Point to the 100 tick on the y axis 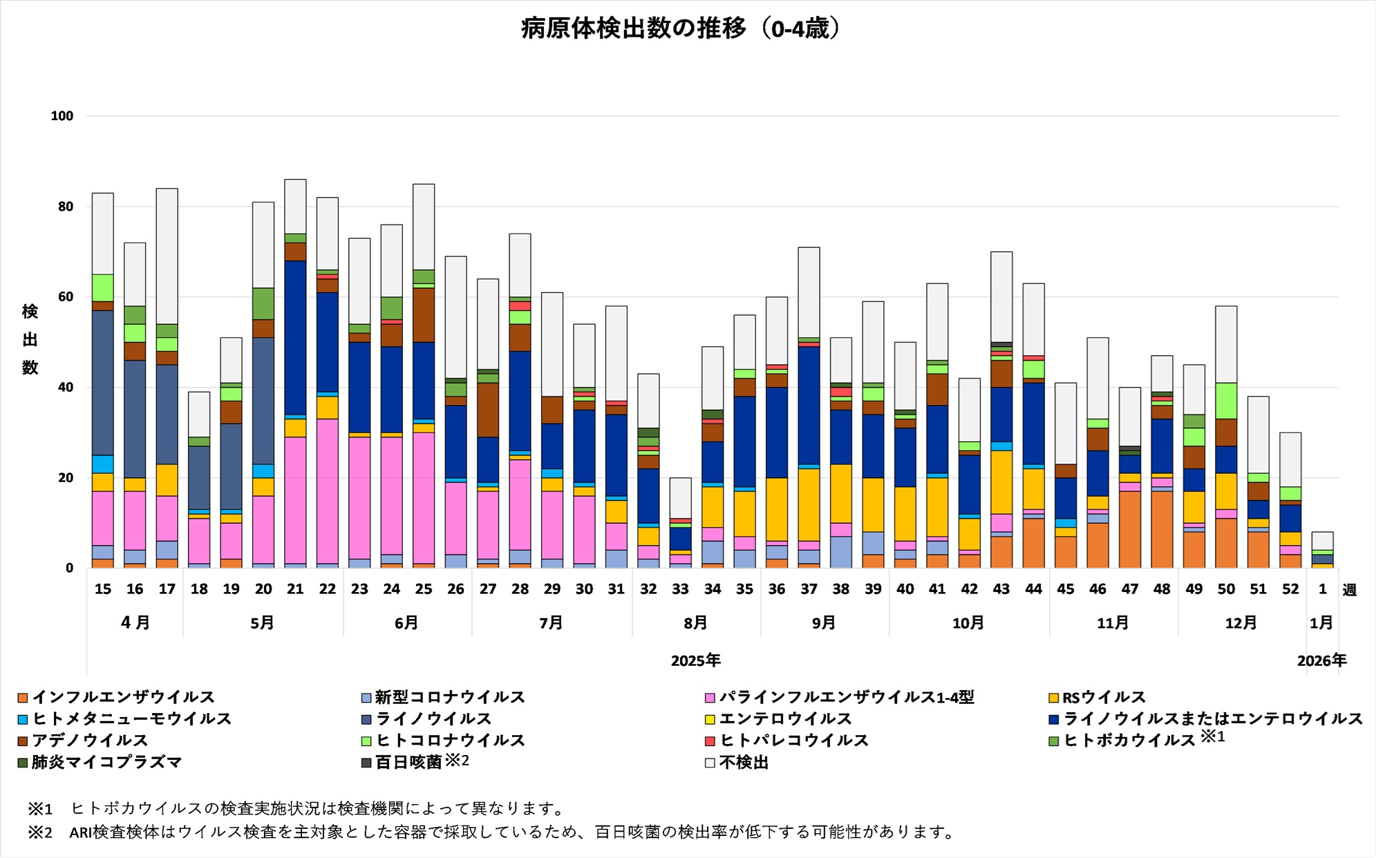tap(62, 116)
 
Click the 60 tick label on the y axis tap(65, 297)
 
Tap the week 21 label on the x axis tap(295, 589)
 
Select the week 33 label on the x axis tap(681, 589)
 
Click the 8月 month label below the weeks tap(695, 622)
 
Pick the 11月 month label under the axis tap(1113, 622)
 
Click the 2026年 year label tap(1321, 660)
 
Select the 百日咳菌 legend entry tap(408, 762)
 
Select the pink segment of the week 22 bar tap(328, 490)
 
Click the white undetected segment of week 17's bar tap(167, 256)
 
